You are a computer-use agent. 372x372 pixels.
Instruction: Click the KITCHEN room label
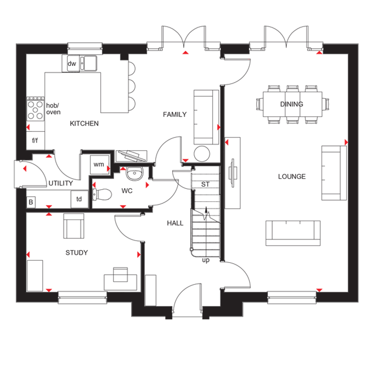tap(84, 124)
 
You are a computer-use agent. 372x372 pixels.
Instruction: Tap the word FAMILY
tap(174, 114)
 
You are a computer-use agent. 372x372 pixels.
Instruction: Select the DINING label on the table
tap(291, 104)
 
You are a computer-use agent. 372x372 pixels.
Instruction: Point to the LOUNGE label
tap(292, 177)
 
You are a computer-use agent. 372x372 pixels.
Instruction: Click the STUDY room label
tap(77, 252)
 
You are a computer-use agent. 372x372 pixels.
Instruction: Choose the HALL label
tap(175, 223)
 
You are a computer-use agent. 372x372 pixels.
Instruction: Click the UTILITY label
tap(61, 183)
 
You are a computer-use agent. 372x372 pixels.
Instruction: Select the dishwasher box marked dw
tap(72, 64)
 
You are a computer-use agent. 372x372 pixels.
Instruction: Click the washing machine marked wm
tap(99, 165)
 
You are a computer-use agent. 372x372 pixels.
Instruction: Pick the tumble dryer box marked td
tap(79, 199)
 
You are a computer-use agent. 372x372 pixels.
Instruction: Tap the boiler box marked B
tap(31, 203)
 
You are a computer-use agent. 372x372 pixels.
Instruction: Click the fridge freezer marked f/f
tap(35, 140)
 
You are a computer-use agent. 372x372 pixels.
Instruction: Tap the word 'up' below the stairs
tap(206, 260)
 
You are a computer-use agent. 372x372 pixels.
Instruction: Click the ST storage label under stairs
tap(205, 184)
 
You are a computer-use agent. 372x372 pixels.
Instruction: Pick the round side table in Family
tap(202, 154)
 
